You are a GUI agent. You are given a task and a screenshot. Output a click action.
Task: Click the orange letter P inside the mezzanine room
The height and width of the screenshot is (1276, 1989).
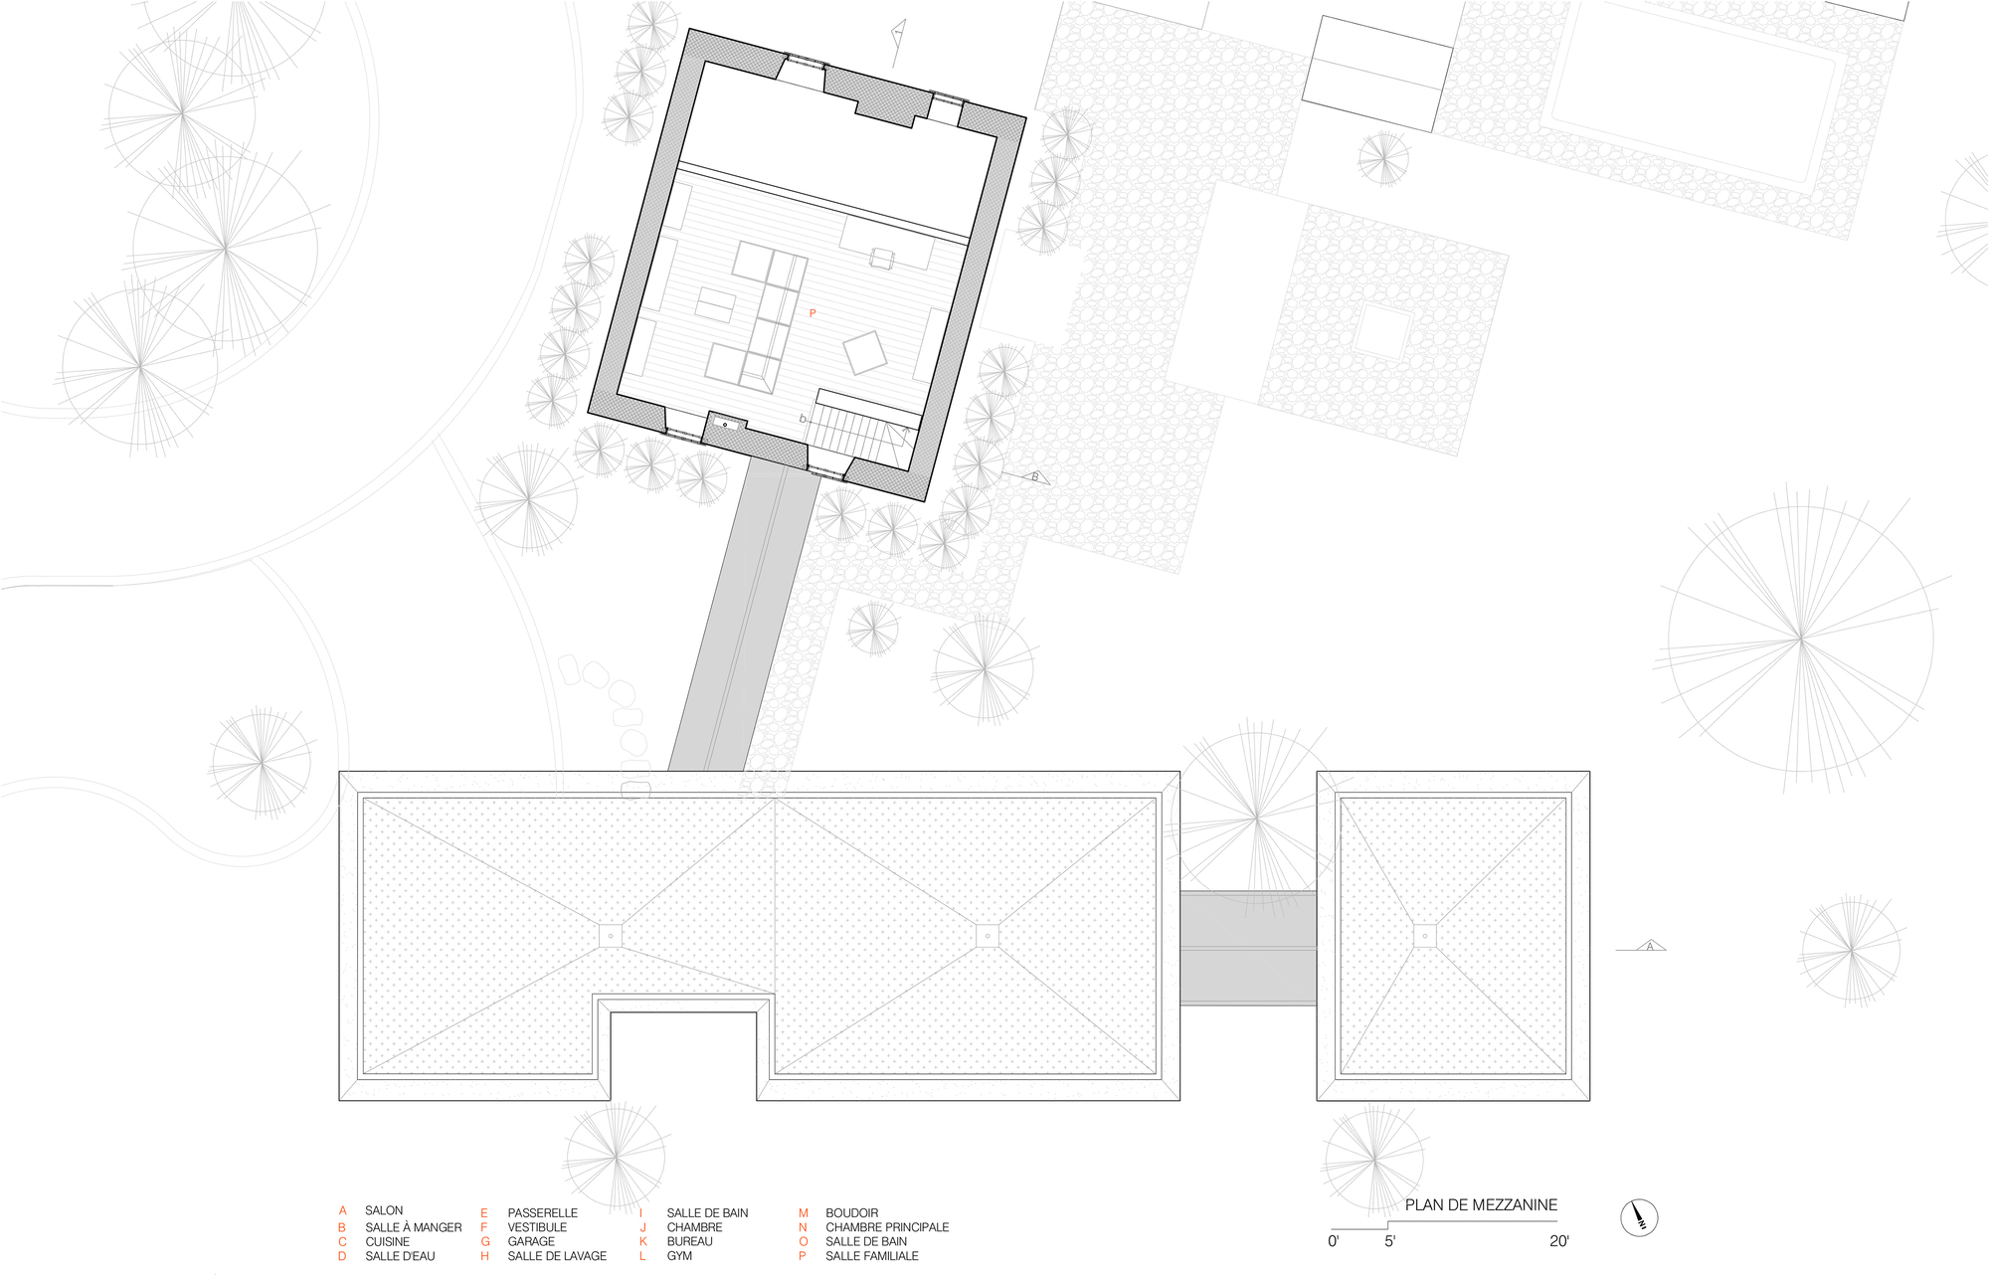(813, 313)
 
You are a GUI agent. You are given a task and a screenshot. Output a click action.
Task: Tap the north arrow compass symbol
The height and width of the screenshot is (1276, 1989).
(1639, 1216)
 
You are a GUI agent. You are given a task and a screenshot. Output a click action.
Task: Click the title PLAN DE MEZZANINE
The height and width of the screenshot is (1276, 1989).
(1481, 1204)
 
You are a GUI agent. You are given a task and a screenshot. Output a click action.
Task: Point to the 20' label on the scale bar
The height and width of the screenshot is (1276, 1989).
(1558, 1240)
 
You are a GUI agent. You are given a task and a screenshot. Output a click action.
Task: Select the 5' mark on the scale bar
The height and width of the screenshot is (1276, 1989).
(1389, 1240)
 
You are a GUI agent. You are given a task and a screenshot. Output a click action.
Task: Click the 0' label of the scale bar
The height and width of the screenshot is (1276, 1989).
(1334, 1240)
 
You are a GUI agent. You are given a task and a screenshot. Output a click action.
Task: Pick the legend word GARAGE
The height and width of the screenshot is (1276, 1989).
(531, 1241)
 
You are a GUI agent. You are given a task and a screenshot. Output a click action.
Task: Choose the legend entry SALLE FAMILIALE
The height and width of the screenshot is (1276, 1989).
(872, 1256)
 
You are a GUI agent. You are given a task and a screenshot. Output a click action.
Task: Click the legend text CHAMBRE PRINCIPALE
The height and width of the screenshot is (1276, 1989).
(887, 1227)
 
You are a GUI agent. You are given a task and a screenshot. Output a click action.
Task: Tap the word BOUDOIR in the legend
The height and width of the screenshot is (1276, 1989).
(852, 1212)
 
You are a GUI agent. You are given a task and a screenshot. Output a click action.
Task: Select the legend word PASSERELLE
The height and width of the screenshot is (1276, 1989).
(543, 1212)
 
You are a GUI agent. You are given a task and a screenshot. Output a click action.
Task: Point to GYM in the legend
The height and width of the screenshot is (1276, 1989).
(679, 1256)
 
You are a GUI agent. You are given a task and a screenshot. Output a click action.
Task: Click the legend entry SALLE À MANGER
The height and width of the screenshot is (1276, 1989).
(414, 1227)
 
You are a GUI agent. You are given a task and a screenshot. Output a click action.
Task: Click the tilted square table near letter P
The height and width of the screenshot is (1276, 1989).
(864, 352)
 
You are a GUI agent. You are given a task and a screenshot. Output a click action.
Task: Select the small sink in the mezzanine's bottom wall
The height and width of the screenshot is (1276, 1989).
(726, 425)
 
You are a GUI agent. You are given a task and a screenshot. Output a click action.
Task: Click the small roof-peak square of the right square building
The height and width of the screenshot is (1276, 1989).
(1424, 936)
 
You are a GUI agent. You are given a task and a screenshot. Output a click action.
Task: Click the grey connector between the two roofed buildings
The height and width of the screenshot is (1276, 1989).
(1248, 948)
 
